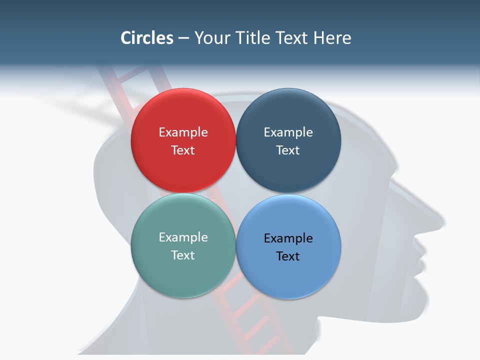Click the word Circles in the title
[x=147, y=38]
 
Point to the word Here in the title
[x=332, y=38]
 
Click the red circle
[x=183, y=140]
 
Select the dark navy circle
[x=288, y=140]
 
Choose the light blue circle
[x=288, y=247]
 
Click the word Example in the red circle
[x=183, y=132]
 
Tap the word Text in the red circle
[x=183, y=150]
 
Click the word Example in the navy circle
[x=288, y=132]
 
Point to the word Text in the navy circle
[x=288, y=150]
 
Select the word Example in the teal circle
[x=183, y=237]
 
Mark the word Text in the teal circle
[x=183, y=255]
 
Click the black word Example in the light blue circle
[x=288, y=238]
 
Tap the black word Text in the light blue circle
[x=288, y=256]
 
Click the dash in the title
[x=183, y=38]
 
